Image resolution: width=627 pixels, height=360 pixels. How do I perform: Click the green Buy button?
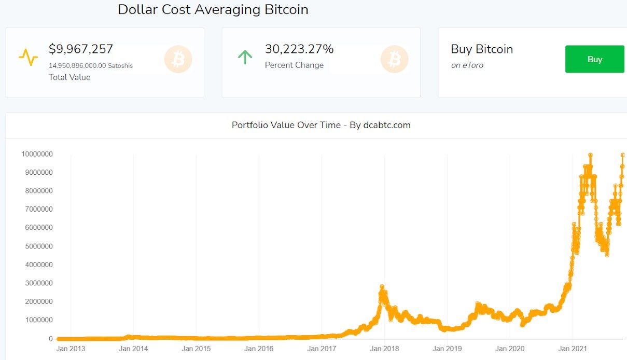click(x=594, y=59)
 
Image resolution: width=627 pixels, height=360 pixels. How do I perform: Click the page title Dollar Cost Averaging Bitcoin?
click(x=213, y=9)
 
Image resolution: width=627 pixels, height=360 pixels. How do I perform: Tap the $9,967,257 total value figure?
click(x=81, y=49)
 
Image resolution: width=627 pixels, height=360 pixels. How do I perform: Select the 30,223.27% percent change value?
click(x=299, y=49)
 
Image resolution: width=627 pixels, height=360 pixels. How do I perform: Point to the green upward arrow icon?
click(x=245, y=57)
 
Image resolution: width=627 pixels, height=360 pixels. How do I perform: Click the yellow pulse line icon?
click(x=28, y=57)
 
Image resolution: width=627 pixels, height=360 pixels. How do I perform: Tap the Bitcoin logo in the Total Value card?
click(x=178, y=59)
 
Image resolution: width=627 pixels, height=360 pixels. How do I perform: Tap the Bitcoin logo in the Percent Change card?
click(x=394, y=59)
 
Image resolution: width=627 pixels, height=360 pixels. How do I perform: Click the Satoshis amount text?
click(x=90, y=66)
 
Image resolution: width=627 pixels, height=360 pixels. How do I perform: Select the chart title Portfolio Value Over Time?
click(x=321, y=125)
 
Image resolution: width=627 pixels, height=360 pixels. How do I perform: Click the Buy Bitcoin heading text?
click(x=482, y=49)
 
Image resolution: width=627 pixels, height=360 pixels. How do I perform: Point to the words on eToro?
click(x=467, y=65)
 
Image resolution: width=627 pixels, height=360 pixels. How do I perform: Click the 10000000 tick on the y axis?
click(x=37, y=154)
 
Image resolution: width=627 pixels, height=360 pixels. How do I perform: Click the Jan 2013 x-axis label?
click(x=71, y=349)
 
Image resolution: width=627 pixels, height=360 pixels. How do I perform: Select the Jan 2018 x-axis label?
click(x=384, y=349)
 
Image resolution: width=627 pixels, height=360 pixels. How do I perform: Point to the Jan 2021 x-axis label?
click(x=573, y=349)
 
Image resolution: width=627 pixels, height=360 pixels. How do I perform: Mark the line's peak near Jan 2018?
click(x=382, y=286)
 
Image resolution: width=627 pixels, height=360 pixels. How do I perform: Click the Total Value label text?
click(x=69, y=77)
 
